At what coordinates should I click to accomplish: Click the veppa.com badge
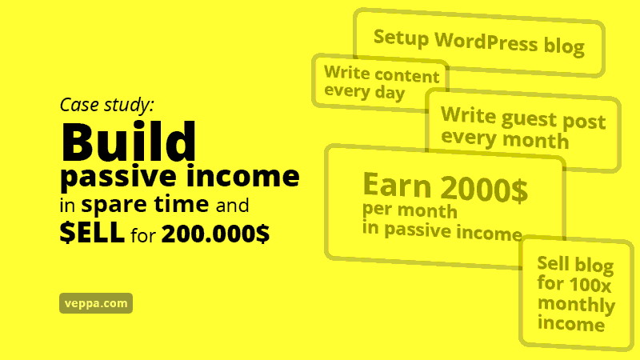click(96, 303)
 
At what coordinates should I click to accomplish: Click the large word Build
click(129, 142)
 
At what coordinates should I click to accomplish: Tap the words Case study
click(107, 106)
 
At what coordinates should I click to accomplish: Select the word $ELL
click(92, 232)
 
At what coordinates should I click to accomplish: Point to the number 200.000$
click(215, 234)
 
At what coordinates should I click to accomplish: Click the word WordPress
click(486, 42)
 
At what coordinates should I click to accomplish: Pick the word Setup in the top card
click(401, 37)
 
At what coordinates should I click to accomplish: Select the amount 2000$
click(485, 189)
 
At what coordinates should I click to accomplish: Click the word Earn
click(397, 185)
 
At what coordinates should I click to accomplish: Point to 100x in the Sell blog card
click(590, 285)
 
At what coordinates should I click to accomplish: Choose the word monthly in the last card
click(576, 305)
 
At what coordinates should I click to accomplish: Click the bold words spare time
click(145, 204)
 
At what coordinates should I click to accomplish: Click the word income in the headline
click(243, 175)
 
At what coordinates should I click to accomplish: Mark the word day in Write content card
click(390, 93)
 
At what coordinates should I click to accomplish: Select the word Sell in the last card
click(553, 263)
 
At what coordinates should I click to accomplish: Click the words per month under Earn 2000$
click(410, 210)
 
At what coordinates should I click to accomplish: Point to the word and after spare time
click(232, 205)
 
